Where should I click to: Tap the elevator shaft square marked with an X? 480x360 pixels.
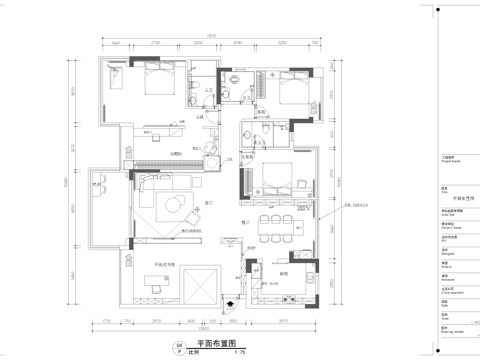198,285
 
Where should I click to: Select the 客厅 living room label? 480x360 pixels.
209,204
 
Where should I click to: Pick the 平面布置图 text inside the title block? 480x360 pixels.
447,199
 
